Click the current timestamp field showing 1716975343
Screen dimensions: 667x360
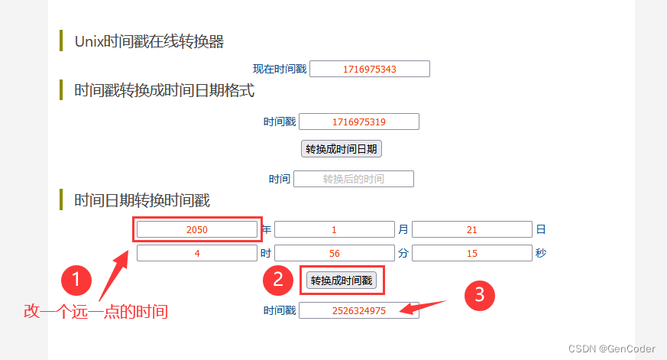coord(370,69)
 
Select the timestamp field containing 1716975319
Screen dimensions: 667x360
coord(359,122)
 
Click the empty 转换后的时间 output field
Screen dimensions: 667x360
coord(354,179)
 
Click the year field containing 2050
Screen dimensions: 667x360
coord(197,229)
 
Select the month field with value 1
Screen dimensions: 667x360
coord(335,229)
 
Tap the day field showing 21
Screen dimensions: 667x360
coord(472,229)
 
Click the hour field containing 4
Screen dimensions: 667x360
coord(197,253)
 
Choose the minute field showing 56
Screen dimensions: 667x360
coord(335,253)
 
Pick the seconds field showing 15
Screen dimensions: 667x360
coord(472,253)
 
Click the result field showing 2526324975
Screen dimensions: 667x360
coord(359,310)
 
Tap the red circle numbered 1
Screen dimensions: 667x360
coord(77,280)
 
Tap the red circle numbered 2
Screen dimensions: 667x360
coord(278,280)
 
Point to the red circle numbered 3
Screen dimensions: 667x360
coord(480,295)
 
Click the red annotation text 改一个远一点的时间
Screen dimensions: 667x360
coord(96,312)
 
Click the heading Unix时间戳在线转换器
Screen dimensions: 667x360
coord(149,41)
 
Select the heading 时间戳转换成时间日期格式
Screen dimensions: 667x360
coord(164,90)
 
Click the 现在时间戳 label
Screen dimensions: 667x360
coord(280,69)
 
